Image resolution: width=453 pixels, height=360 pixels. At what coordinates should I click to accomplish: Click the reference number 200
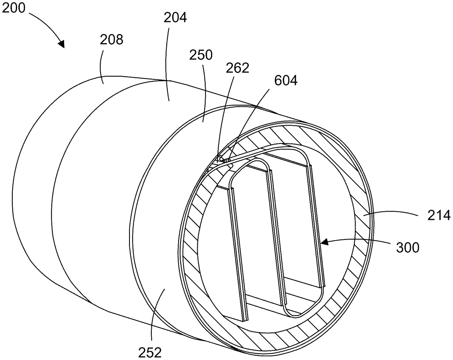pyautogui.click(x=14, y=8)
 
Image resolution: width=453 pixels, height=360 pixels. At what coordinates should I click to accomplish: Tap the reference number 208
pyautogui.click(x=111, y=40)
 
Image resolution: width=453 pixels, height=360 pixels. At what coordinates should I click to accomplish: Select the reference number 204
pyautogui.click(x=175, y=17)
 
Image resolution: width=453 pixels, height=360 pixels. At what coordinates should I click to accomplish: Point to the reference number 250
pyautogui.click(x=201, y=55)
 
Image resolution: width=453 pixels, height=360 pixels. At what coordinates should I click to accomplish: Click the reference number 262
pyautogui.click(x=237, y=68)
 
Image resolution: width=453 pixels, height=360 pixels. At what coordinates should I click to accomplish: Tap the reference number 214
pyautogui.click(x=439, y=216)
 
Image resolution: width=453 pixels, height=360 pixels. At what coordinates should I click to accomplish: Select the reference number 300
pyautogui.click(x=408, y=248)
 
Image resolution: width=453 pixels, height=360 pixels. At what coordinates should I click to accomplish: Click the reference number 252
pyautogui.click(x=150, y=352)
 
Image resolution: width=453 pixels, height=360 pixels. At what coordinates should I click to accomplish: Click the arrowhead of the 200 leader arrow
pyautogui.click(x=62, y=44)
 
